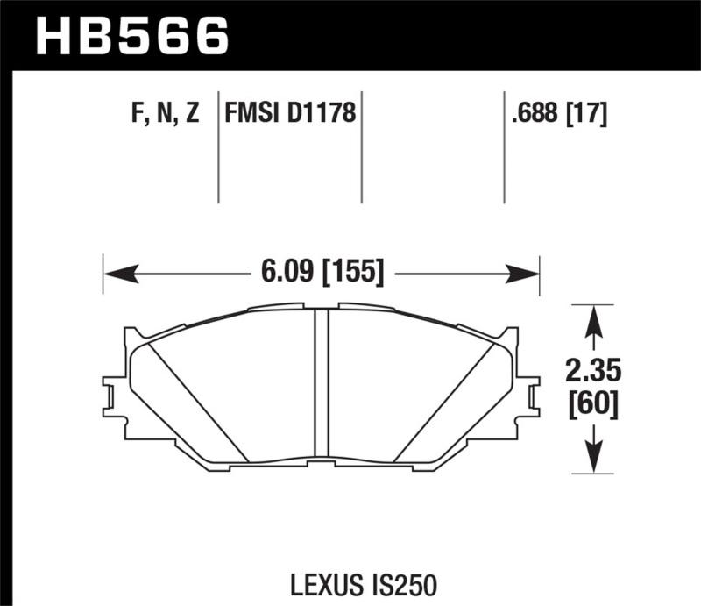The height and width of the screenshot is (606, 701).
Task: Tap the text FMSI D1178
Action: pos(290,114)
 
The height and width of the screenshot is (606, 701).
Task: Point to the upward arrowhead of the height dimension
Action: pos(594,319)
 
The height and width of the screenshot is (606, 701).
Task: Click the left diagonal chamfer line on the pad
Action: pos(200,402)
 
